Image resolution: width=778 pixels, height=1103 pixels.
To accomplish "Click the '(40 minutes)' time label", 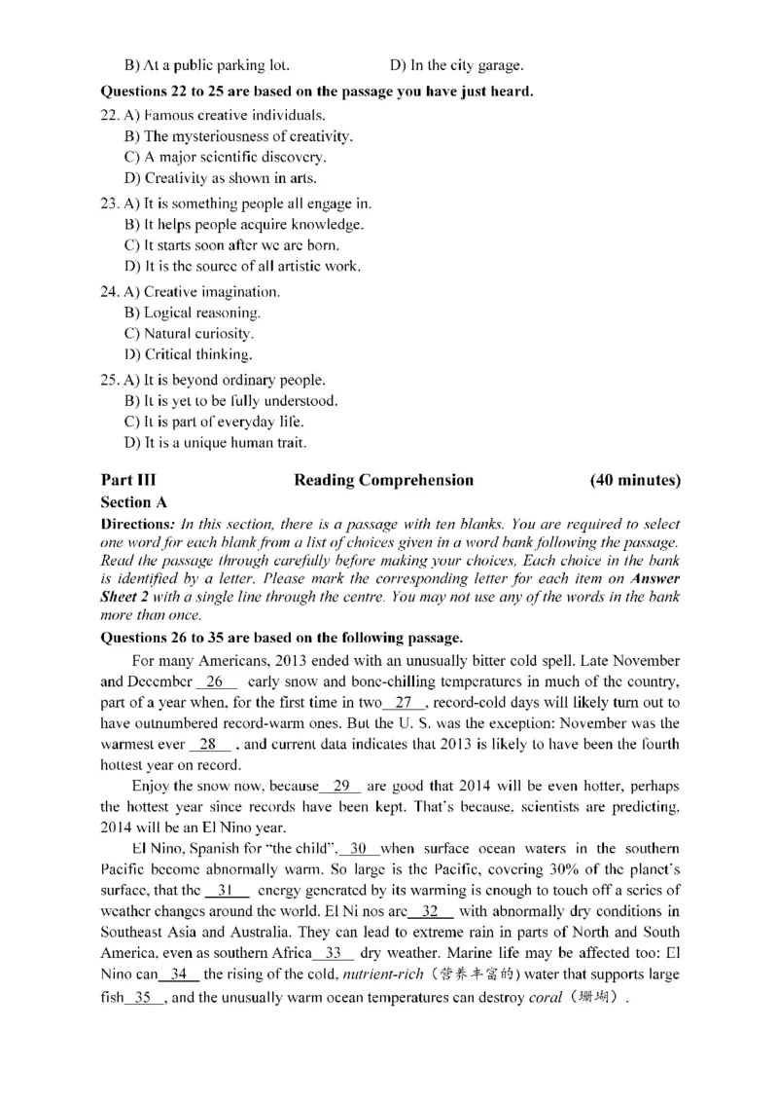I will point(635,480).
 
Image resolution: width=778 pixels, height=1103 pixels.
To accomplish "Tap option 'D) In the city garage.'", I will point(456,66).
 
